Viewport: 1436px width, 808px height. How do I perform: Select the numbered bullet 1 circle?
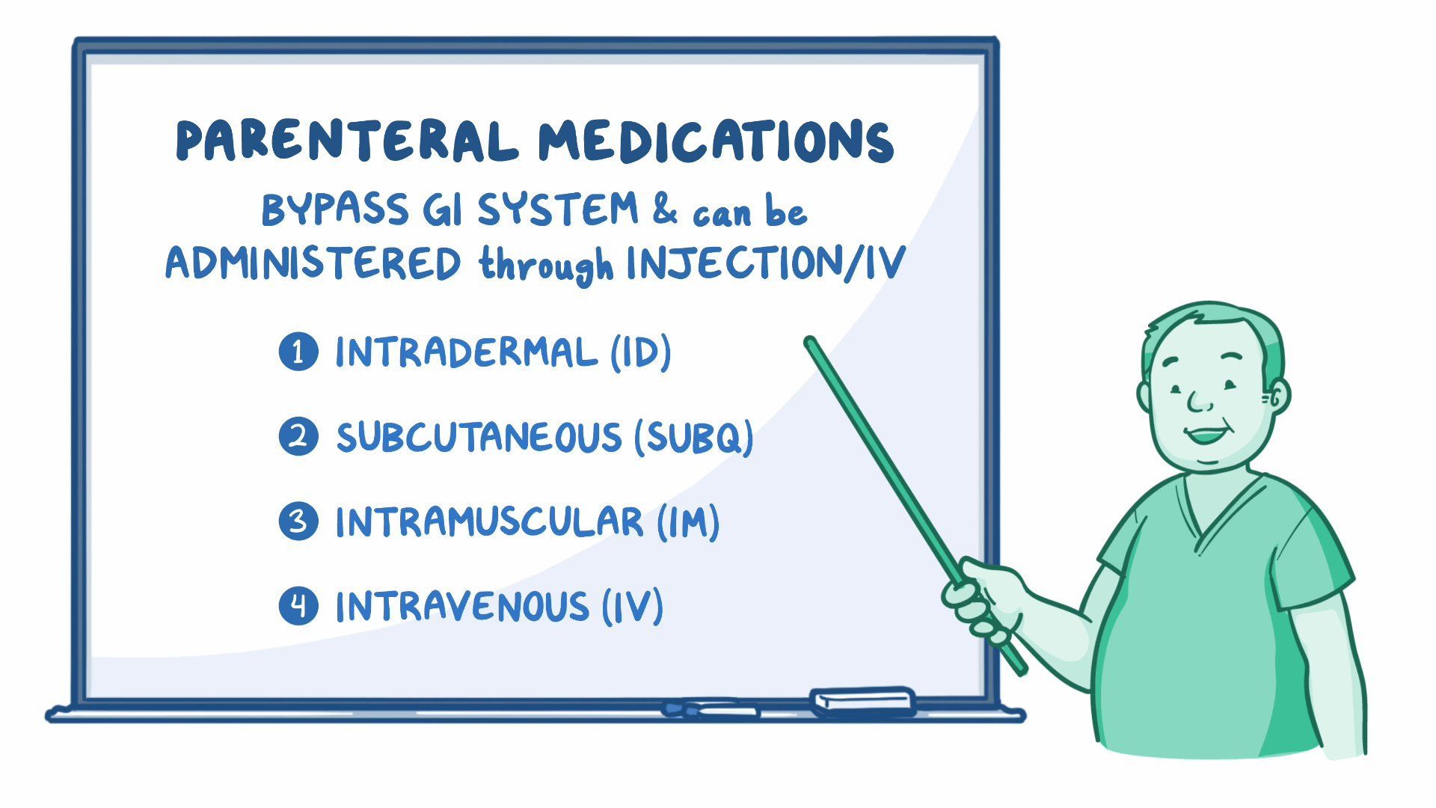pyautogui.click(x=298, y=352)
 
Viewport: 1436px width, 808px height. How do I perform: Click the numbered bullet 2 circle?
pyautogui.click(x=298, y=437)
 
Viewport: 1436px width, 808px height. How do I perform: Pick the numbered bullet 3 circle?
pyautogui.click(x=298, y=521)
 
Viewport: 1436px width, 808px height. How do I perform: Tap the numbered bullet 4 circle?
pyautogui.click(x=298, y=606)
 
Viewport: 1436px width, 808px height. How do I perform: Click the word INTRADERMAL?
pyautogui.click(x=466, y=352)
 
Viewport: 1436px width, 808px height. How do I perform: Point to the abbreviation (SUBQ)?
pyautogui.click(x=693, y=437)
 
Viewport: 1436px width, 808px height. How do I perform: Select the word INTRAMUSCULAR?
pyautogui.click(x=489, y=521)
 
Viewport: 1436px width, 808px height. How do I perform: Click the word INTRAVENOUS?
pyautogui.click(x=462, y=606)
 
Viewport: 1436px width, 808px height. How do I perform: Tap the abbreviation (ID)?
pyautogui.click(x=641, y=352)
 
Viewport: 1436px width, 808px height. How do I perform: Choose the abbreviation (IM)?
pyautogui.click(x=689, y=521)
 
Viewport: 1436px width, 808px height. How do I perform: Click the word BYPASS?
pyautogui.click(x=335, y=209)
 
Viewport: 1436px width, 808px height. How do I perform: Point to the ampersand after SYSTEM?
pyautogui.click(x=664, y=209)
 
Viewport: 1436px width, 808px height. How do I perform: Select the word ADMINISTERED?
pyautogui.click(x=313, y=264)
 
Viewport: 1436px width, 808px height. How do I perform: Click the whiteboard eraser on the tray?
pyautogui.click(x=862, y=700)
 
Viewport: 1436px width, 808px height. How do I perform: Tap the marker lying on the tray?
pyautogui.click(x=709, y=708)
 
